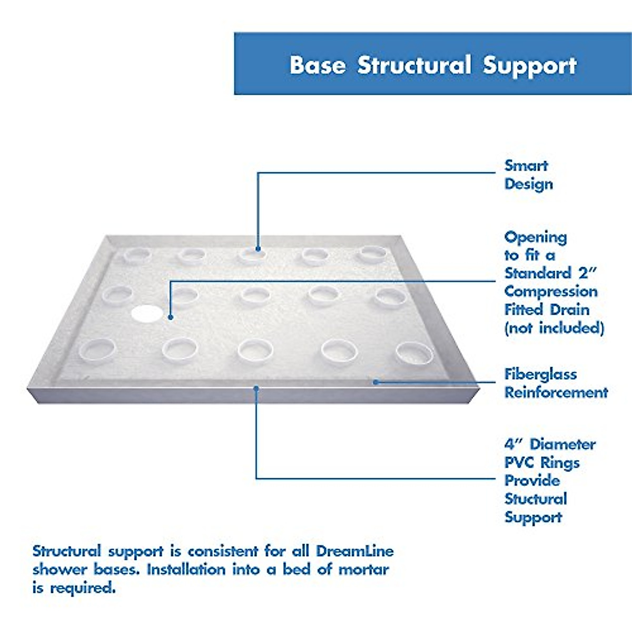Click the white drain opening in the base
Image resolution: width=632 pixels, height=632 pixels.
pyautogui.click(x=147, y=313)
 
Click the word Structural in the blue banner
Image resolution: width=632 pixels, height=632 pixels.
pyautogui.click(x=414, y=65)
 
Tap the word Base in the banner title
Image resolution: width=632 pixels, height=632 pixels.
pyautogui.click(x=318, y=65)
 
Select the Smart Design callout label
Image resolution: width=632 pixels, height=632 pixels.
pyautogui.click(x=528, y=175)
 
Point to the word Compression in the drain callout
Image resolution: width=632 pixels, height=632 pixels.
pyautogui.click(x=551, y=291)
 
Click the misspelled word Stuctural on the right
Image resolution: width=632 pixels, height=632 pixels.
pyautogui.click(x=536, y=499)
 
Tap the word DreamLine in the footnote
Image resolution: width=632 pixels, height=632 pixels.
pyautogui.click(x=354, y=551)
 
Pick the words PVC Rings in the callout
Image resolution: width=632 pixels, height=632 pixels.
pyautogui.click(x=542, y=463)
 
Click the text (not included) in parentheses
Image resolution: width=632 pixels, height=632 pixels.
pyautogui.click(x=554, y=328)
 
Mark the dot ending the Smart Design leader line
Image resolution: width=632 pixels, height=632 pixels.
pyautogui.click(x=258, y=249)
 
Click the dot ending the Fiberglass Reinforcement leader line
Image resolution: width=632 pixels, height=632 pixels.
pyautogui.click(x=376, y=382)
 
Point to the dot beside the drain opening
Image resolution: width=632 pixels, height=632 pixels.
pyautogui.click(x=170, y=317)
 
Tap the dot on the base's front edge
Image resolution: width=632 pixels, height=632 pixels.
pyautogui.click(x=256, y=389)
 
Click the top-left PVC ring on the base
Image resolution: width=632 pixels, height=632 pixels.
pyautogui.click(x=137, y=256)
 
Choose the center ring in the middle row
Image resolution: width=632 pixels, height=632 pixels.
pyautogui.click(x=255, y=295)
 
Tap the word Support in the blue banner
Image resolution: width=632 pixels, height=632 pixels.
pyautogui.click(x=529, y=65)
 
